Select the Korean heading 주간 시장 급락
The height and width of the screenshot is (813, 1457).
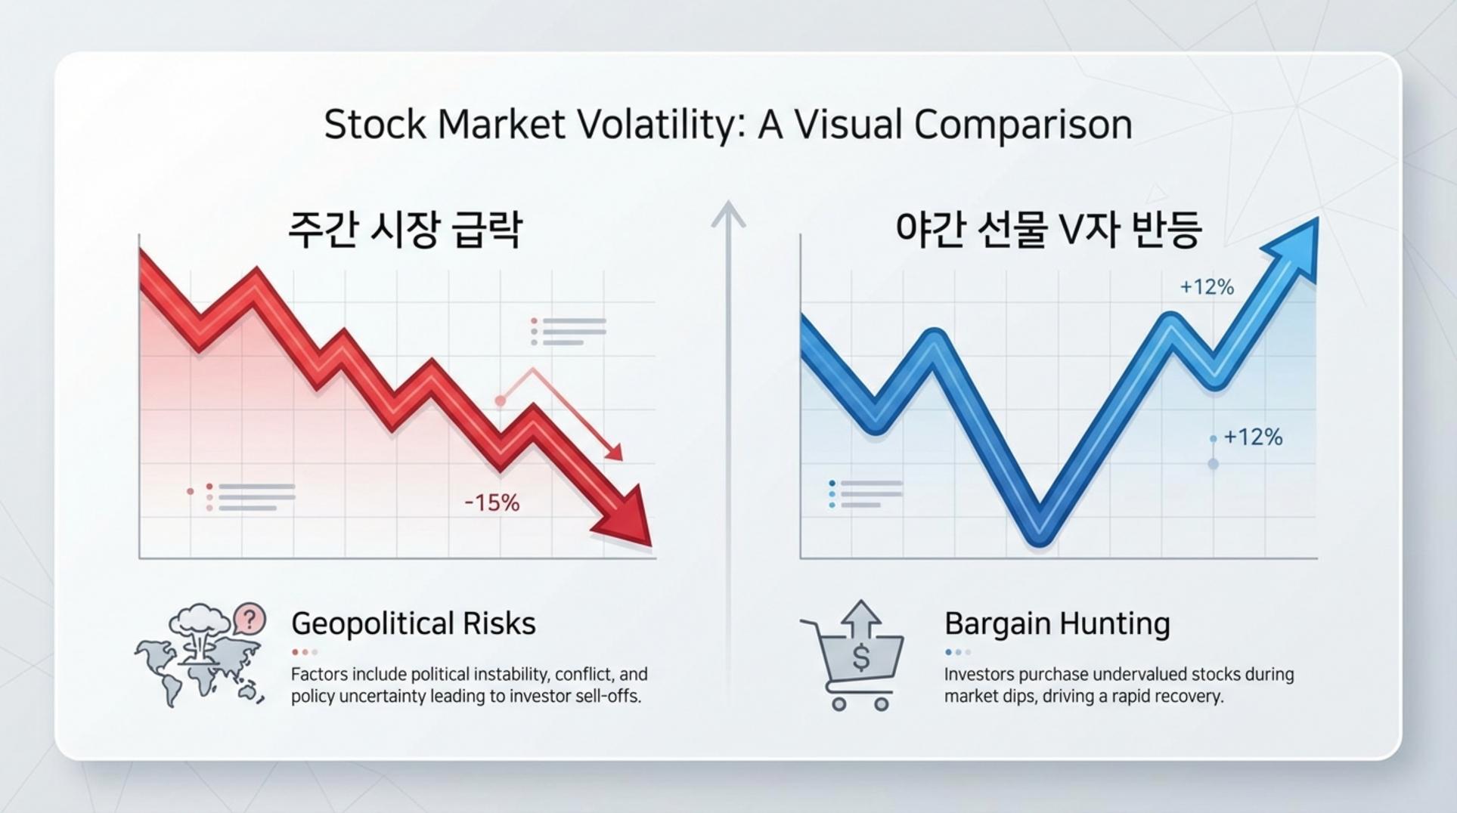(405, 229)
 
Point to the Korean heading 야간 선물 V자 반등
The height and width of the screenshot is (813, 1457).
(1048, 229)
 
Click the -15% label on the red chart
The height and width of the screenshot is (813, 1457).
(491, 503)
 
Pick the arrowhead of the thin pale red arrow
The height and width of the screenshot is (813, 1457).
(614, 452)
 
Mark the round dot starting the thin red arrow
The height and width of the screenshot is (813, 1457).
(500, 401)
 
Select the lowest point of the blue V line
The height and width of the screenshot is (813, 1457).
(1040, 538)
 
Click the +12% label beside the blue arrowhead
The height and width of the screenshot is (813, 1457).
(1207, 287)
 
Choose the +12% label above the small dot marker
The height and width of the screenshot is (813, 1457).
(1253, 437)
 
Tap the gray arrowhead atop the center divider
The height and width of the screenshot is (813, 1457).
(728, 214)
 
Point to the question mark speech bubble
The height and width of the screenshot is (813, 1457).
(250, 620)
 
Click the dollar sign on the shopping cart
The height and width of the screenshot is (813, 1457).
(861, 657)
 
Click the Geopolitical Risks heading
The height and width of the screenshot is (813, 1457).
(414, 624)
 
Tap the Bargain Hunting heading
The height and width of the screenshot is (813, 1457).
(1057, 624)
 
